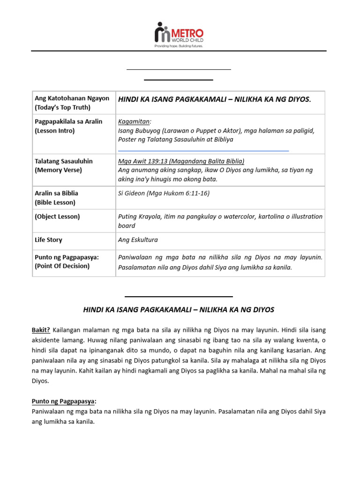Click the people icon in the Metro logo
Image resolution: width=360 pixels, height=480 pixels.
tap(162, 33)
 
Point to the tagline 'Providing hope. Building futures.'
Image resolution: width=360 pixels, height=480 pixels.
tap(179, 46)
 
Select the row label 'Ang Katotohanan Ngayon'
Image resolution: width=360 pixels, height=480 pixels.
tap(72, 98)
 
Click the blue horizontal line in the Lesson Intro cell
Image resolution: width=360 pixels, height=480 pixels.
tap(203, 151)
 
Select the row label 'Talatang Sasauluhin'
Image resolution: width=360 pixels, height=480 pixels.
tap(64, 161)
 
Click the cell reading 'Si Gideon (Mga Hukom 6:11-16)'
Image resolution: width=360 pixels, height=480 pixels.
tap(164, 193)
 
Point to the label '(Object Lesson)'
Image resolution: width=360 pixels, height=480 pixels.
tap(57, 217)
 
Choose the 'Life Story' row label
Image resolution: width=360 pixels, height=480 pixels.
tap(48, 240)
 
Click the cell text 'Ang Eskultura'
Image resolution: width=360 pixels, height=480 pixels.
tap(138, 240)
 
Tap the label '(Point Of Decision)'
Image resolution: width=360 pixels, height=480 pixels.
tap(62, 266)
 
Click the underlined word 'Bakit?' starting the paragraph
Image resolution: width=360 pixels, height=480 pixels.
tap(41, 330)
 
